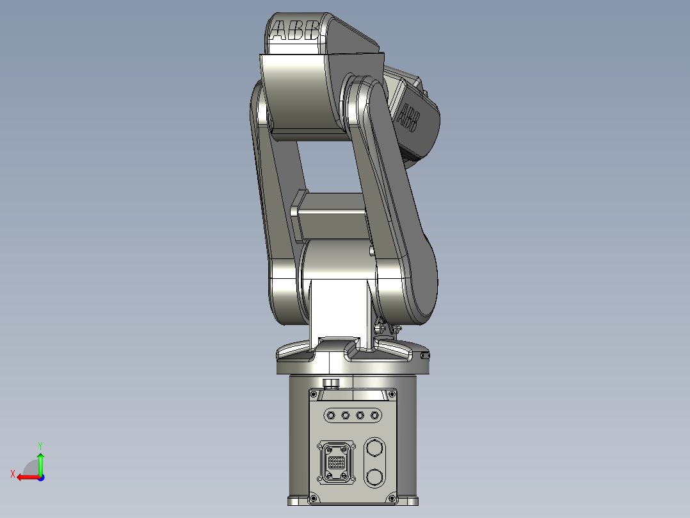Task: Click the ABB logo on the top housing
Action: coord(295,31)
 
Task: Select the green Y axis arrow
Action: coord(40,462)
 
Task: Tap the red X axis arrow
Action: coord(26,476)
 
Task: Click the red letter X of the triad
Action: coord(13,474)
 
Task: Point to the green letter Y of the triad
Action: coord(40,444)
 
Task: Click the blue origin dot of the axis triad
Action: coord(40,477)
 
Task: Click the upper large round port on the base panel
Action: coord(374,448)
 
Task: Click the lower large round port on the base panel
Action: coord(374,476)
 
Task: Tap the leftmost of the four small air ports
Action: coord(331,416)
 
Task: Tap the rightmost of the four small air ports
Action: coord(374,416)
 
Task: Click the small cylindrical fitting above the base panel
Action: coord(331,383)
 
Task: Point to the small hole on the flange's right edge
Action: coord(426,354)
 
